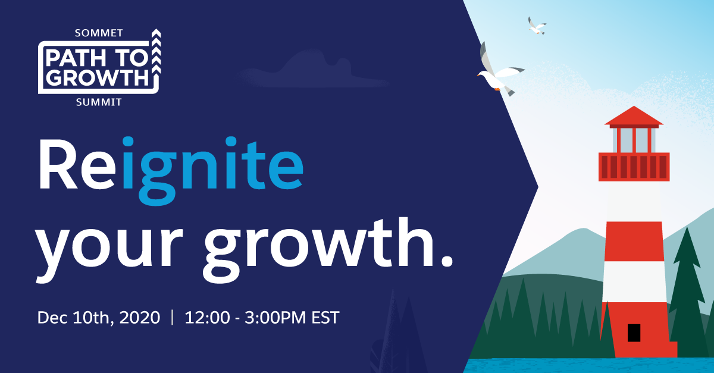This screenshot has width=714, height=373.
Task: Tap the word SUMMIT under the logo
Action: [99, 102]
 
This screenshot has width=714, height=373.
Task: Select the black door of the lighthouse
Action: [634, 333]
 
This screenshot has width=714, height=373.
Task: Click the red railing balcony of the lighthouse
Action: [634, 166]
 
